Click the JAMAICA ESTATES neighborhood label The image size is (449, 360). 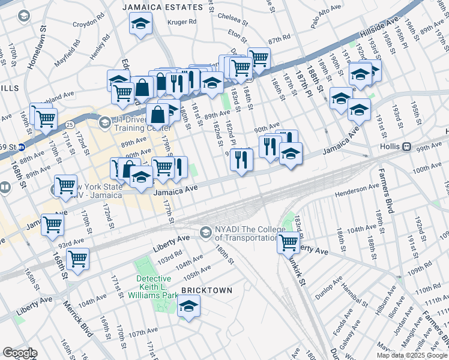tap(163, 7)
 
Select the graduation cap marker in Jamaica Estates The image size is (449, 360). tap(140, 25)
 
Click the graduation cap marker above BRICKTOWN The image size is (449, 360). tap(188, 308)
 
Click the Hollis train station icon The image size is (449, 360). tap(406, 146)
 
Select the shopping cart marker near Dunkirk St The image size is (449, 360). tap(289, 242)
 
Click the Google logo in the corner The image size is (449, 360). tap(20, 353)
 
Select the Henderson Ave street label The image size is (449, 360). tap(358, 190)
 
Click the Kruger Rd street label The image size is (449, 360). tap(184, 22)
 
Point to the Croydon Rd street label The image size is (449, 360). tap(89, 25)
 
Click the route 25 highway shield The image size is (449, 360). tap(70, 124)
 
